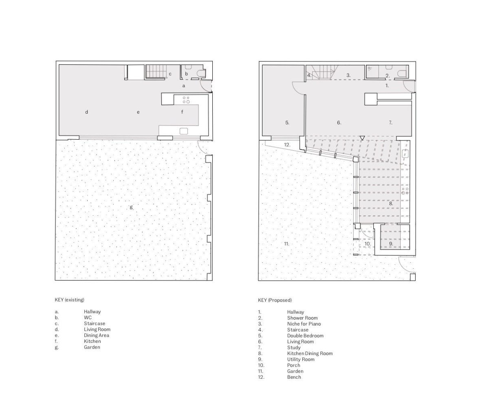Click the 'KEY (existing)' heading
(69, 300)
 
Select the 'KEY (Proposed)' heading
(275, 300)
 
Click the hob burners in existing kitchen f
(186, 100)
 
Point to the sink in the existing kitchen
(184, 131)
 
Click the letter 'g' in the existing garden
(131, 207)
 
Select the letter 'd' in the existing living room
(86, 112)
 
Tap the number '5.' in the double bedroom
(287, 123)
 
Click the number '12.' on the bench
(287, 145)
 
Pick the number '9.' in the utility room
(391, 244)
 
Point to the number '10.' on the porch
(368, 244)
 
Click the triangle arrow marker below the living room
(362, 138)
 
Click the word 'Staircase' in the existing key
(95, 323)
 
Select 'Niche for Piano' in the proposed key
(304, 324)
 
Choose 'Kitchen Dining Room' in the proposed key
(310, 353)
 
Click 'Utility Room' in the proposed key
(301, 359)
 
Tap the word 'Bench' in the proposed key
(294, 377)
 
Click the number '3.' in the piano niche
(348, 75)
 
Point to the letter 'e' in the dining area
(138, 112)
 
